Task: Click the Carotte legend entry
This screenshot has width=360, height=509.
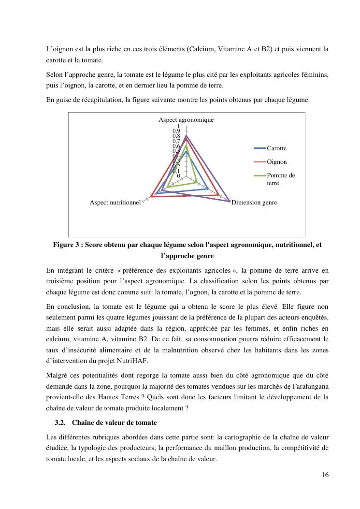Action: click(276, 148)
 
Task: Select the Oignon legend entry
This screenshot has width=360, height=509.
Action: click(276, 162)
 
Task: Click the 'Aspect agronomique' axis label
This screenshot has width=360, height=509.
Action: click(186, 119)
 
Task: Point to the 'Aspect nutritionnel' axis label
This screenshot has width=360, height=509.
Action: click(115, 203)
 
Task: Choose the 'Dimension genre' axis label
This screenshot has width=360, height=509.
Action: click(254, 203)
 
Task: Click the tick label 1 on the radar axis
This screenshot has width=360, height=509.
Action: click(178, 126)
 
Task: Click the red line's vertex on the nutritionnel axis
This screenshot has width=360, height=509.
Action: click(152, 196)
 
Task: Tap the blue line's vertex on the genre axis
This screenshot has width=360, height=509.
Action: click(208, 189)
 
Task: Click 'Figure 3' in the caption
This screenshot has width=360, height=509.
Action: click(66, 245)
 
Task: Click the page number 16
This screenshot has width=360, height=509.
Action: click(325, 475)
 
